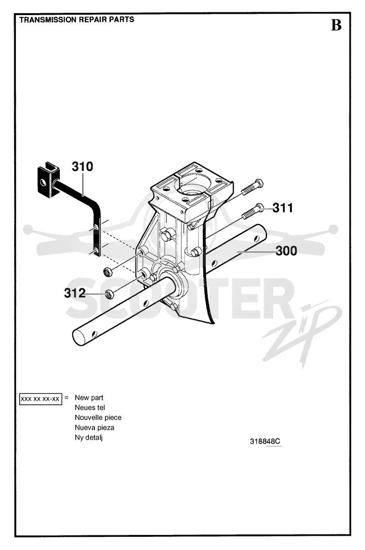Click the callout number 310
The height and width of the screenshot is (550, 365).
83,167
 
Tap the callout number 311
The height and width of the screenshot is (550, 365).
282,208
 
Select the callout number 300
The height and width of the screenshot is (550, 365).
286,251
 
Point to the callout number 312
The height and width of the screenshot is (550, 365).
75,293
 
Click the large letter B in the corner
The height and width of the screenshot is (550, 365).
336,25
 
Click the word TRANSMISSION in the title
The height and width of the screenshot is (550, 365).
48,20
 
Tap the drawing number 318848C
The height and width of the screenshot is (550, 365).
265,441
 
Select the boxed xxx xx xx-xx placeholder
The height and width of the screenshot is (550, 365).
41,399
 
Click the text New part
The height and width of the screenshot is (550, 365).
89,398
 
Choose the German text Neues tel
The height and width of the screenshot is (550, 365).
90,407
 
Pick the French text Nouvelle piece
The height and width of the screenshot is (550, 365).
98,418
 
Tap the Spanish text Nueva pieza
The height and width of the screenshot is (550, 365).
94,428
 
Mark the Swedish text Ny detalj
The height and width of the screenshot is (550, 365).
89,438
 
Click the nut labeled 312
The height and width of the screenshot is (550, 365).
109,294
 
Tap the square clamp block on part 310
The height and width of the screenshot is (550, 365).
48,180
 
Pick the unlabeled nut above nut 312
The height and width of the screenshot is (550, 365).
107,271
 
